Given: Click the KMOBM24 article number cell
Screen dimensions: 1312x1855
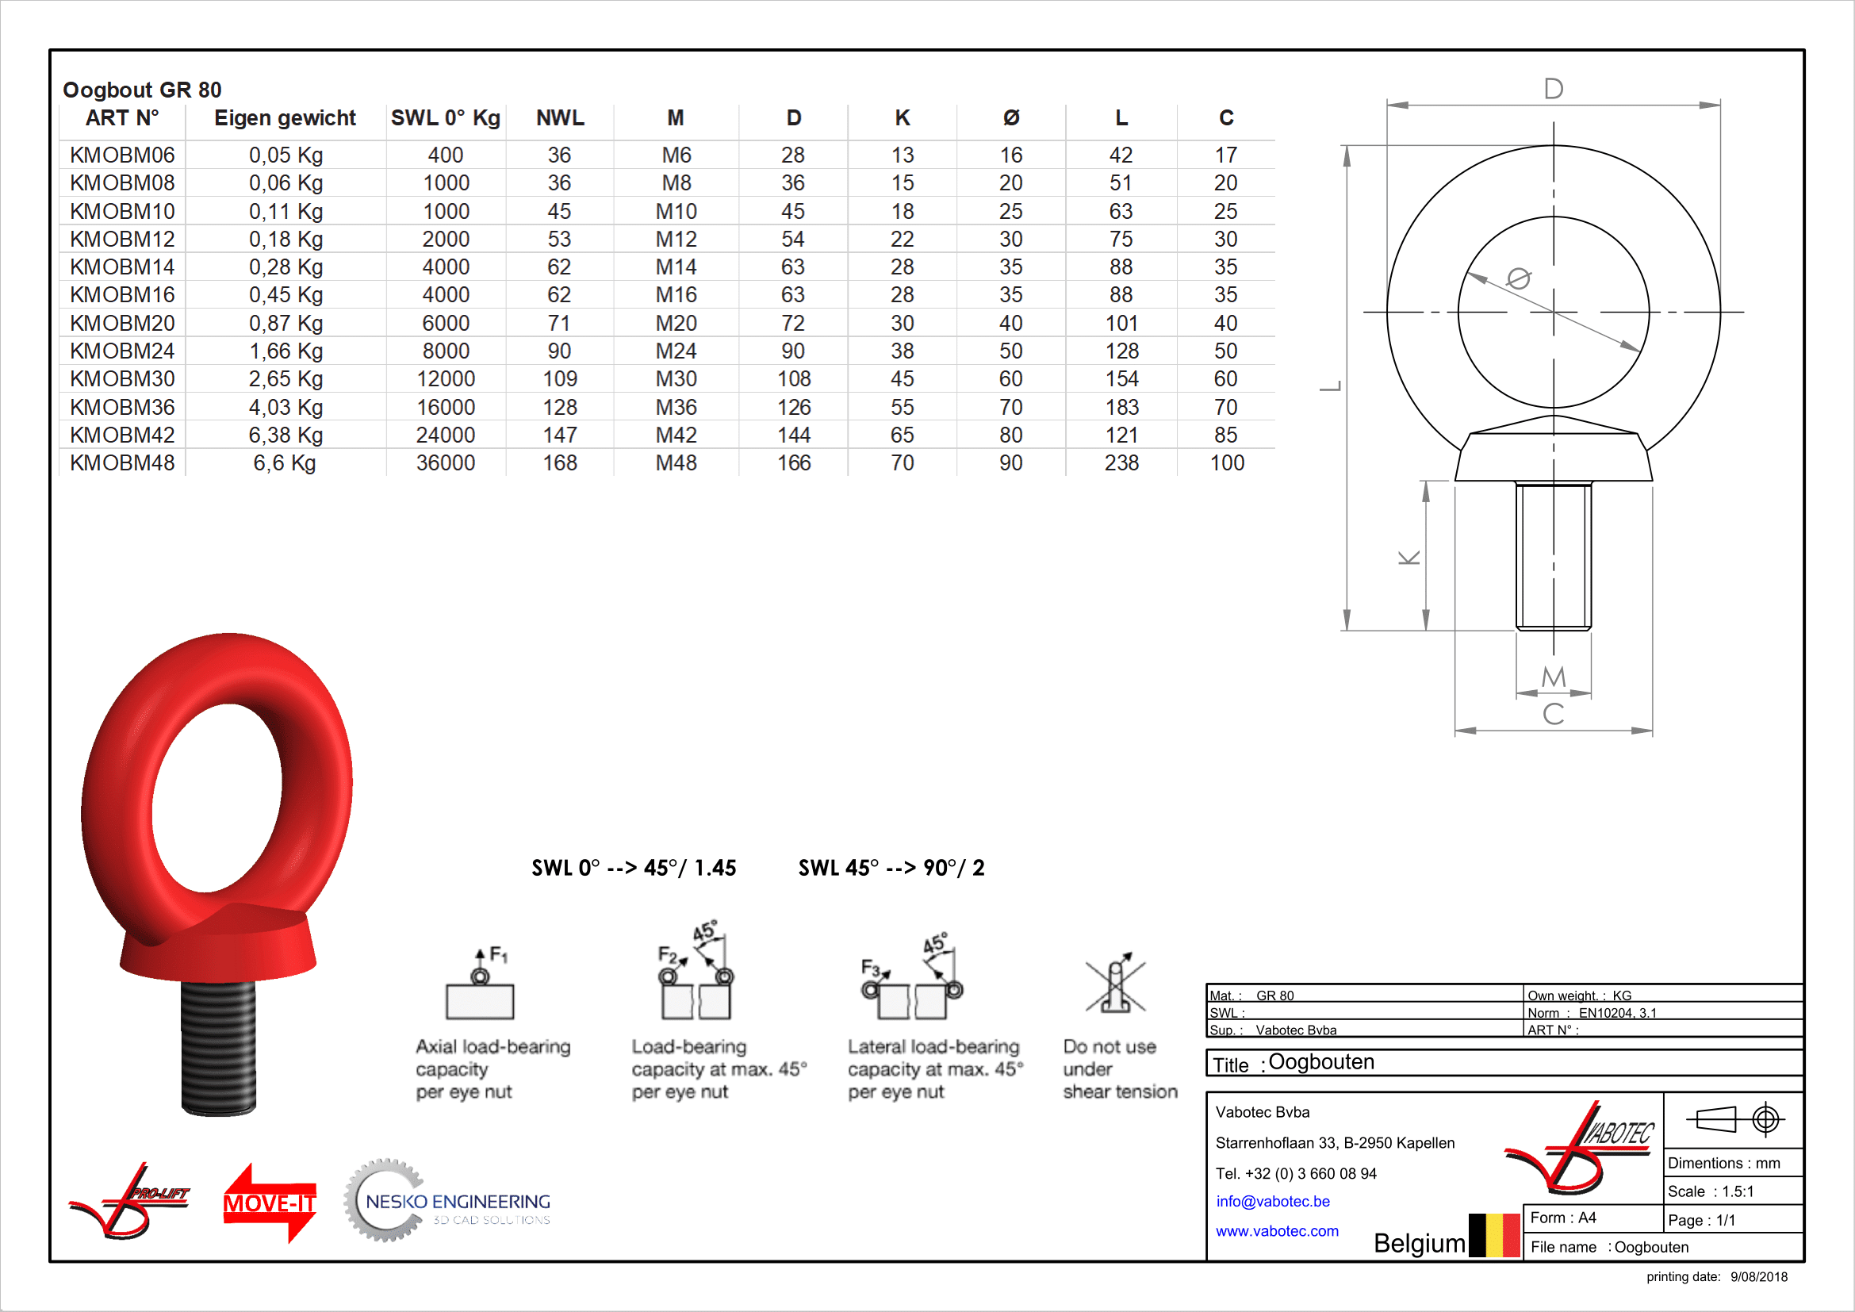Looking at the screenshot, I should pos(122,351).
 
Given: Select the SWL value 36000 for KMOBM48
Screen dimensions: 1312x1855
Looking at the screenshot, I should pos(445,463).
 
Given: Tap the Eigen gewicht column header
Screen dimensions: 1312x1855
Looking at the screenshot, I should pos(285,118).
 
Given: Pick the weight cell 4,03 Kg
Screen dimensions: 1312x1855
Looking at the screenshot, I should pos(286,407).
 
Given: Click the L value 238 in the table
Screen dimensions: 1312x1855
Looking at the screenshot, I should pos(1121,463).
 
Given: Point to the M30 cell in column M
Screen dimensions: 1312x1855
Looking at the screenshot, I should pos(676,379).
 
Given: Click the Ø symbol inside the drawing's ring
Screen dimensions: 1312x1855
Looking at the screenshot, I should pos(1518,278).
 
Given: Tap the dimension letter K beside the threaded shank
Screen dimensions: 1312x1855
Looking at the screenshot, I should pos(1409,558).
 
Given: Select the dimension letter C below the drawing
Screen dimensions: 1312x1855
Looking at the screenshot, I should pos(1553,714).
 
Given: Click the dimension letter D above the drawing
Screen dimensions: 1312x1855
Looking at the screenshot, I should pos(1553,89).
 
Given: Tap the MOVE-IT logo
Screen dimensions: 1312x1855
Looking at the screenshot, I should pos(270,1202).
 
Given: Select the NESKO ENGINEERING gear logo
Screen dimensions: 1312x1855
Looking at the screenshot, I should pos(448,1201).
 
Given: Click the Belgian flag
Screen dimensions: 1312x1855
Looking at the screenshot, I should pos(1494,1234).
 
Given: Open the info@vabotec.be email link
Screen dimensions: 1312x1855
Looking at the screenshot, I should pos(1272,1201).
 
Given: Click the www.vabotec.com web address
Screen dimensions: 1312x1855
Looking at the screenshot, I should pos(1277,1231).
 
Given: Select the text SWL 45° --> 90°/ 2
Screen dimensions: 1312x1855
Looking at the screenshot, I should pos(891,868).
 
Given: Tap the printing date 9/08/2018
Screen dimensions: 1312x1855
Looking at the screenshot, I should pos(1758,1276).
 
